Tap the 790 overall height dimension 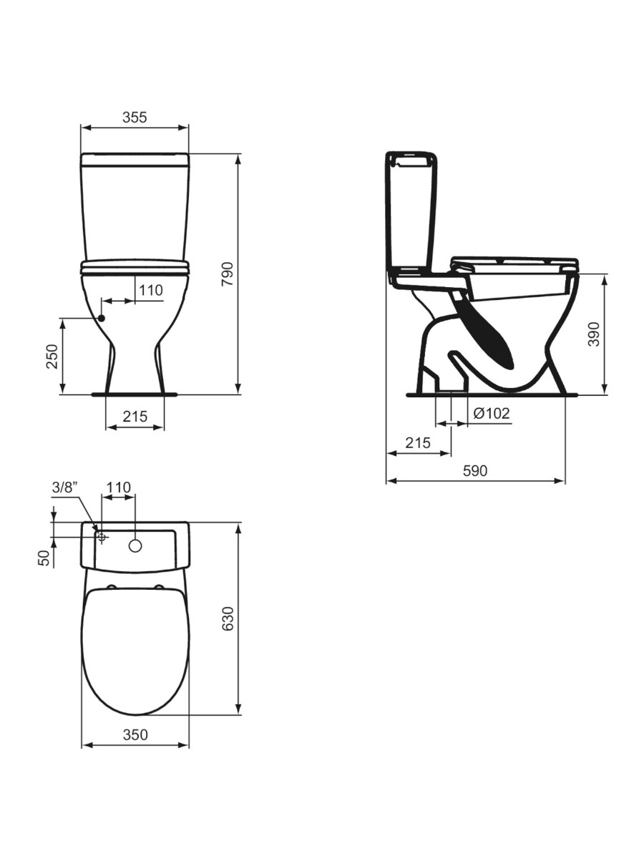pyautogui.click(x=227, y=273)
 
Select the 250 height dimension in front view pyautogui.click(x=52, y=356)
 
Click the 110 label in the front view pyautogui.click(x=151, y=291)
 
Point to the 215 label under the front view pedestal pyautogui.click(x=135, y=416)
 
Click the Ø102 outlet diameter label pyautogui.click(x=491, y=413)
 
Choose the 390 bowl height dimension pyautogui.click(x=594, y=334)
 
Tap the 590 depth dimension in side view pyautogui.click(x=475, y=471)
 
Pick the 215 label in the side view pyautogui.click(x=418, y=442)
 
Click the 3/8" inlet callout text pyautogui.click(x=64, y=487)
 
